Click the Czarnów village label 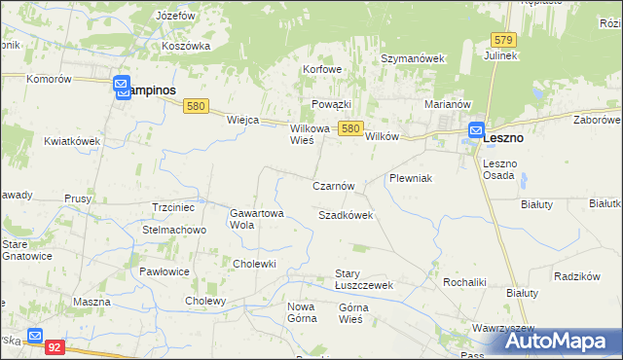[339, 186]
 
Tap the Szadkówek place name [346, 215]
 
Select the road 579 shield [503, 40]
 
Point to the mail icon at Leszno [476, 129]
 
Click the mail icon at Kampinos [123, 88]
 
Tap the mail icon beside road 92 [36, 337]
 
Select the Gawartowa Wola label [256, 218]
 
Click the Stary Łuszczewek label [363, 279]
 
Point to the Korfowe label [322, 70]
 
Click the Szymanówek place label [412, 58]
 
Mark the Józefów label [174, 17]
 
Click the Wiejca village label [241, 120]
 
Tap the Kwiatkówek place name [72, 141]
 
